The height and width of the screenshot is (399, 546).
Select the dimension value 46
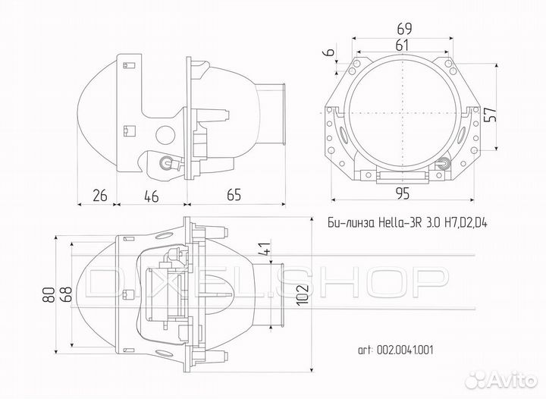pos(151,196)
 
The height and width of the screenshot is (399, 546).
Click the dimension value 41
pos(264,248)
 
